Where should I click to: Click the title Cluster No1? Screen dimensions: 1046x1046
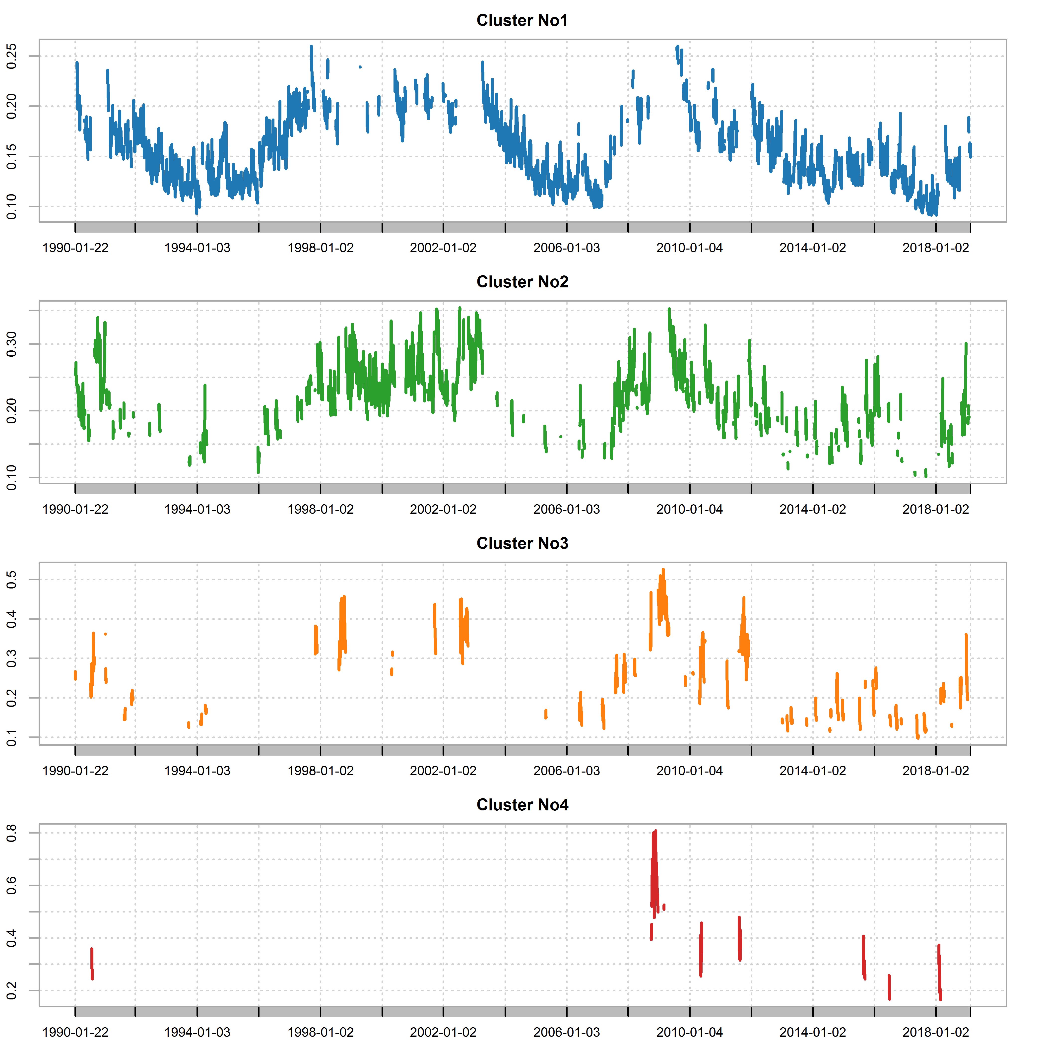coord(522,21)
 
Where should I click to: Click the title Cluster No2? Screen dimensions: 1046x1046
coord(522,282)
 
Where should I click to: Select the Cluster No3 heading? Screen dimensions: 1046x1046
coord(522,544)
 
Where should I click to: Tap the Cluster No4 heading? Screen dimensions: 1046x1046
coord(522,805)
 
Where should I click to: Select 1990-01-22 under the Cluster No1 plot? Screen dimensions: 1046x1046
coord(75,248)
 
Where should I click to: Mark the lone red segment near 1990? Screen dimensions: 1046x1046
coord(92,964)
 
